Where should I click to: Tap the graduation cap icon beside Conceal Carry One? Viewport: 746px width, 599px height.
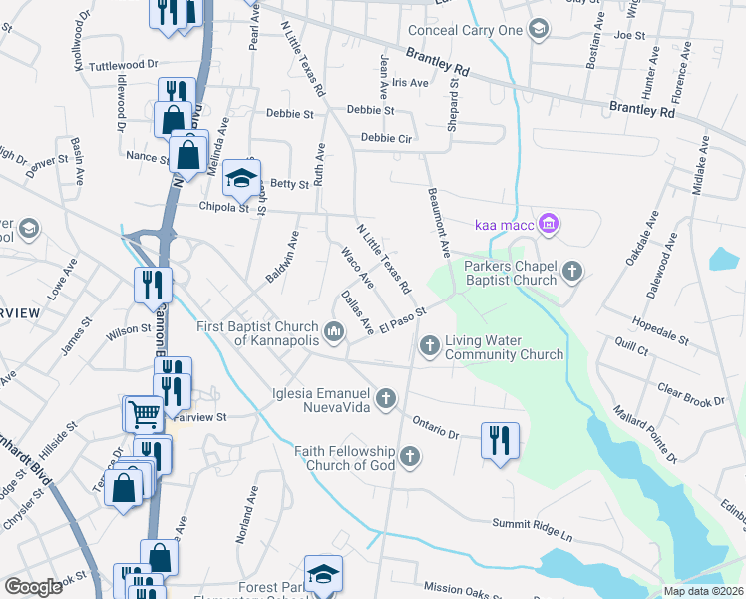click(x=540, y=29)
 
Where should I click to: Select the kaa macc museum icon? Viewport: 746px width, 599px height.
click(x=547, y=223)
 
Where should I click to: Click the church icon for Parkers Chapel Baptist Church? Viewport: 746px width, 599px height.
click(x=571, y=270)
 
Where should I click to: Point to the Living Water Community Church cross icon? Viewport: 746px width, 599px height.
click(x=429, y=345)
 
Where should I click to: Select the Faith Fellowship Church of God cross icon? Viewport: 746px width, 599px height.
click(x=409, y=458)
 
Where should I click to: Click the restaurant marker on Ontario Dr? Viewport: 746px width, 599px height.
click(x=499, y=440)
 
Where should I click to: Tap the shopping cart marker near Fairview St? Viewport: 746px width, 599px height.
click(x=144, y=412)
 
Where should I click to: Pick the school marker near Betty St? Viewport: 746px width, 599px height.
click(x=240, y=179)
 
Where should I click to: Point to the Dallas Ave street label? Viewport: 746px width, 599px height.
click(x=356, y=311)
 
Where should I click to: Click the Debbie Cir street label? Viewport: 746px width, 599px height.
click(x=387, y=138)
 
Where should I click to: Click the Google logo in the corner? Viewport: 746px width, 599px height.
click(x=33, y=587)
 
